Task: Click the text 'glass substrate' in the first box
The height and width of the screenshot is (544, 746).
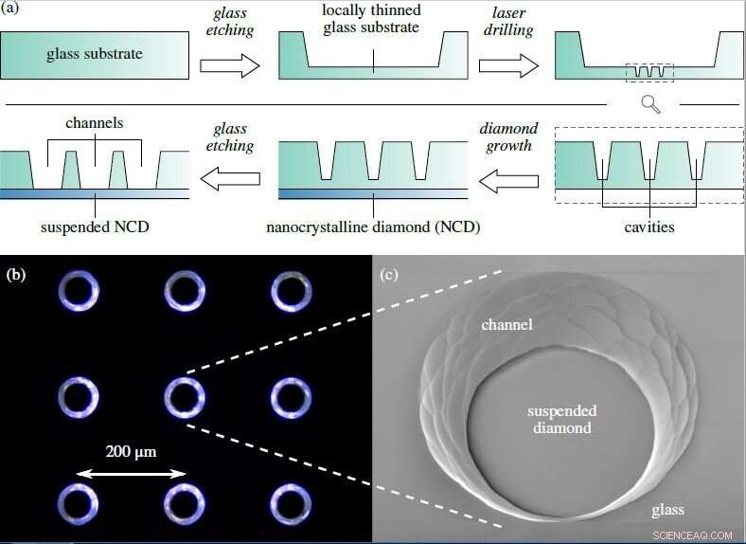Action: point(95,54)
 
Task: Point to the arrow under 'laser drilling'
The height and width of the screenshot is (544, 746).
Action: point(509,64)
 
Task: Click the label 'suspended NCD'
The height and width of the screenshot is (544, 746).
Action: point(96,228)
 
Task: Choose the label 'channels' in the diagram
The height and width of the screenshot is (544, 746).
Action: point(96,124)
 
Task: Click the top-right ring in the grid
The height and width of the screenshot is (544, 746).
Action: point(292,291)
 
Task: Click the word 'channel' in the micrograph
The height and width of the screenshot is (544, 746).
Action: point(506,325)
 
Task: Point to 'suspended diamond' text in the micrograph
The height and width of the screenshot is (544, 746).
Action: point(560,419)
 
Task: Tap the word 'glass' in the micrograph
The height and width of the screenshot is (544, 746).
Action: point(667,511)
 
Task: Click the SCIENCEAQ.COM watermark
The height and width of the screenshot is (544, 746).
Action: point(694,535)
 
